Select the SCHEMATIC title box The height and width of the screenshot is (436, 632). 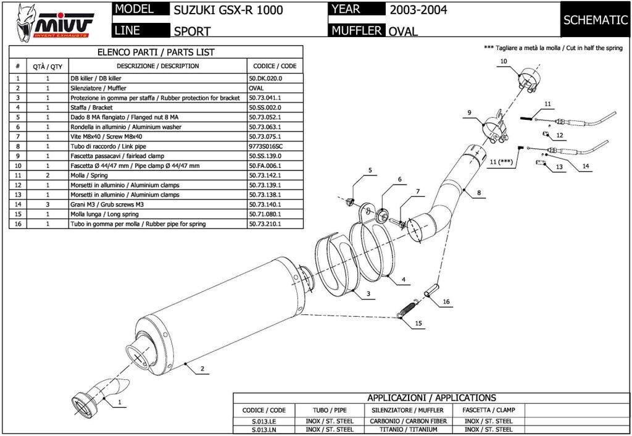tap(595, 20)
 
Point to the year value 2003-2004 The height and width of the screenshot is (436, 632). tap(418, 10)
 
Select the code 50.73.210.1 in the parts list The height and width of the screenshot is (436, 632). tap(265, 224)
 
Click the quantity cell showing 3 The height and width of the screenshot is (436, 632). tap(48, 204)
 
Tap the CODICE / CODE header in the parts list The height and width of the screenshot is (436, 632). tap(274, 66)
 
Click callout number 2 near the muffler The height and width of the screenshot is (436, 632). tap(202, 369)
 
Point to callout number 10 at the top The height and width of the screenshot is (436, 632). tap(503, 61)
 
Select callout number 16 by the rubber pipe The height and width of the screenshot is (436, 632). tap(446, 302)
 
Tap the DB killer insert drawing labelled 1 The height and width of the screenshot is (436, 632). tap(99, 394)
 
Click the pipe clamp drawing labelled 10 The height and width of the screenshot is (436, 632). tap(530, 81)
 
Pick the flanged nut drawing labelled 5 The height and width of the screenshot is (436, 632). tap(349, 200)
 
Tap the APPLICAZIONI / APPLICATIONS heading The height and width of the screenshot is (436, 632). tap(431, 398)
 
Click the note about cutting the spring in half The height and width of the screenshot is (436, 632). tap(553, 48)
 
